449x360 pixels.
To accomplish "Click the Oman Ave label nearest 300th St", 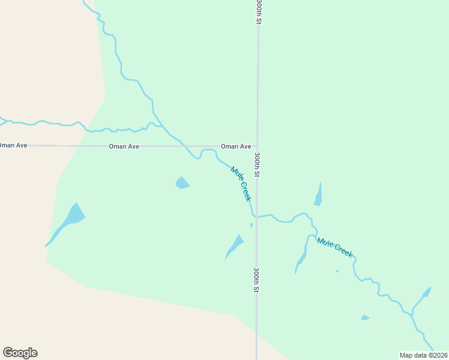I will (x=236, y=146).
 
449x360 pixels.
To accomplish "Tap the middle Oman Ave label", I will (x=124, y=146).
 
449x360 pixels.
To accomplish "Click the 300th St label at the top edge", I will (x=259, y=12).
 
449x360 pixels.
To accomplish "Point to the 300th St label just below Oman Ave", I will (x=257, y=164).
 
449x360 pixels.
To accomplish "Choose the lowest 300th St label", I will (x=256, y=280).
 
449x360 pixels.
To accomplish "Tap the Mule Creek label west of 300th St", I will (x=240, y=184).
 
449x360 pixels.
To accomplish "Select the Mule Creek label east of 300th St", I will (x=334, y=247).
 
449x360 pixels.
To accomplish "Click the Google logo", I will (x=20, y=353).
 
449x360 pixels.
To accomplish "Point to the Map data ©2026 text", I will (x=423, y=355).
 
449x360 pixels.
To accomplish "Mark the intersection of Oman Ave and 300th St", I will (x=258, y=146).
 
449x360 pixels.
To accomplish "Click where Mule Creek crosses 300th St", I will (x=257, y=217).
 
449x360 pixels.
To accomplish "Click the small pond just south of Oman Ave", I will (x=182, y=182).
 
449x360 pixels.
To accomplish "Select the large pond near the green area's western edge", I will (x=73, y=215).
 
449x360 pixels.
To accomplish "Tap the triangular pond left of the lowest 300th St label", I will (x=235, y=245).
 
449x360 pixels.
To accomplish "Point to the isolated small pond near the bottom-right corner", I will (x=364, y=317).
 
